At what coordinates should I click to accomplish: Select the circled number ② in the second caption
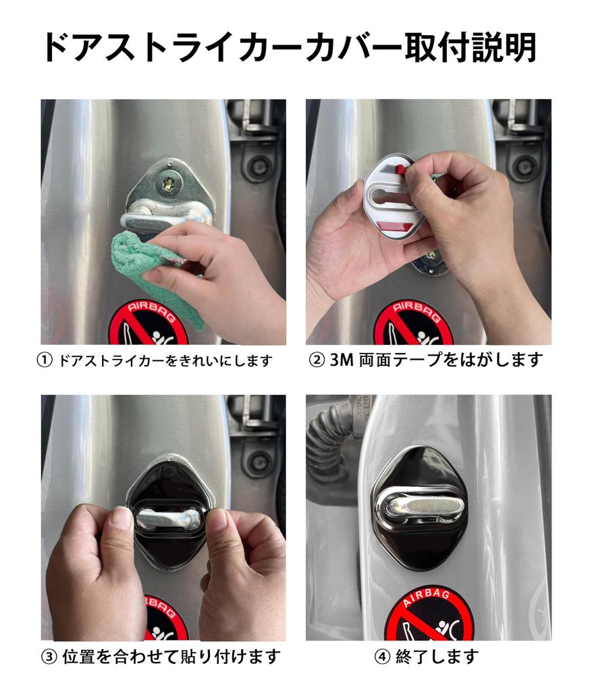pos(317,360)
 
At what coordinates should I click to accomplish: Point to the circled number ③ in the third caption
pos(49,655)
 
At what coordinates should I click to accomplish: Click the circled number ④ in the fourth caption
pos(382,655)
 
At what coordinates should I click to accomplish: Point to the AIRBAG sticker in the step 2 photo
pos(412,323)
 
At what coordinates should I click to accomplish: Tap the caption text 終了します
pos(438,655)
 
